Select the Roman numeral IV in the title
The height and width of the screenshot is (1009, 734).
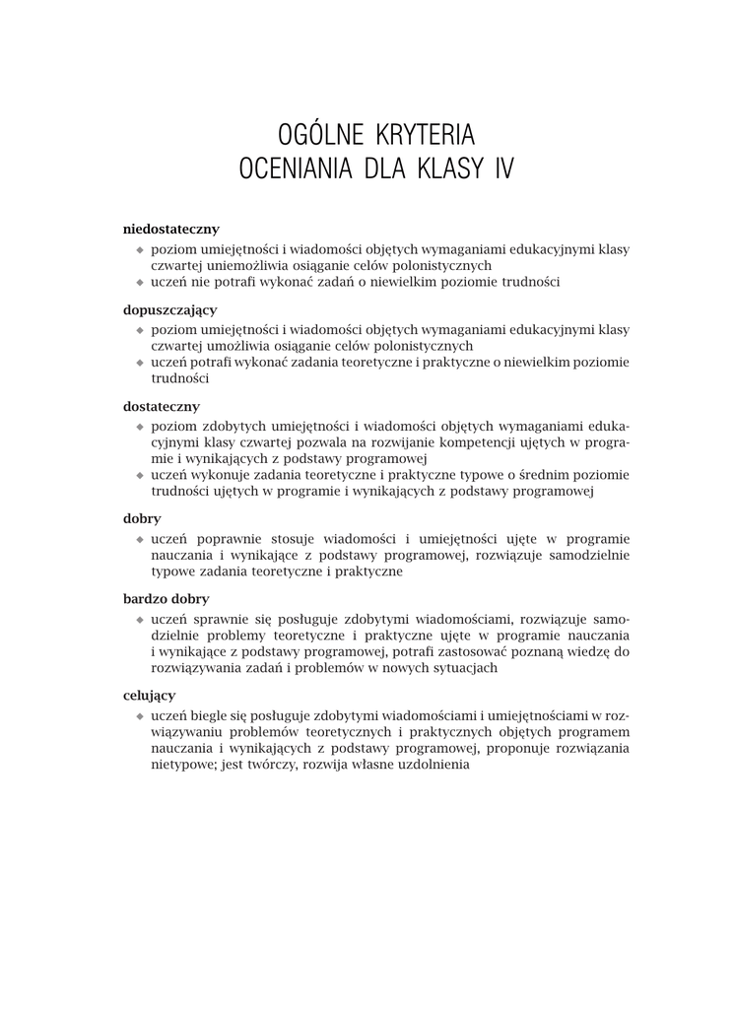[502, 168]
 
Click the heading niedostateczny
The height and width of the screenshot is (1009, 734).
[170, 229]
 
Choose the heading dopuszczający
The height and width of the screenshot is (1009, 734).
[169, 309]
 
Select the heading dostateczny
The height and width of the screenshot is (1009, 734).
[162, 406]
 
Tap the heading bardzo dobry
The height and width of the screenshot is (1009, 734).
[166, 598]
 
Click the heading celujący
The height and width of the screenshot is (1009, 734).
[150, 695]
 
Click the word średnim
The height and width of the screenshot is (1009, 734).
[544, 475]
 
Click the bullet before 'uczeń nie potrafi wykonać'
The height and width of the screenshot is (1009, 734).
[140, 283]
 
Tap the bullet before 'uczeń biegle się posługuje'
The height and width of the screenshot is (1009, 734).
[140, 715]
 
